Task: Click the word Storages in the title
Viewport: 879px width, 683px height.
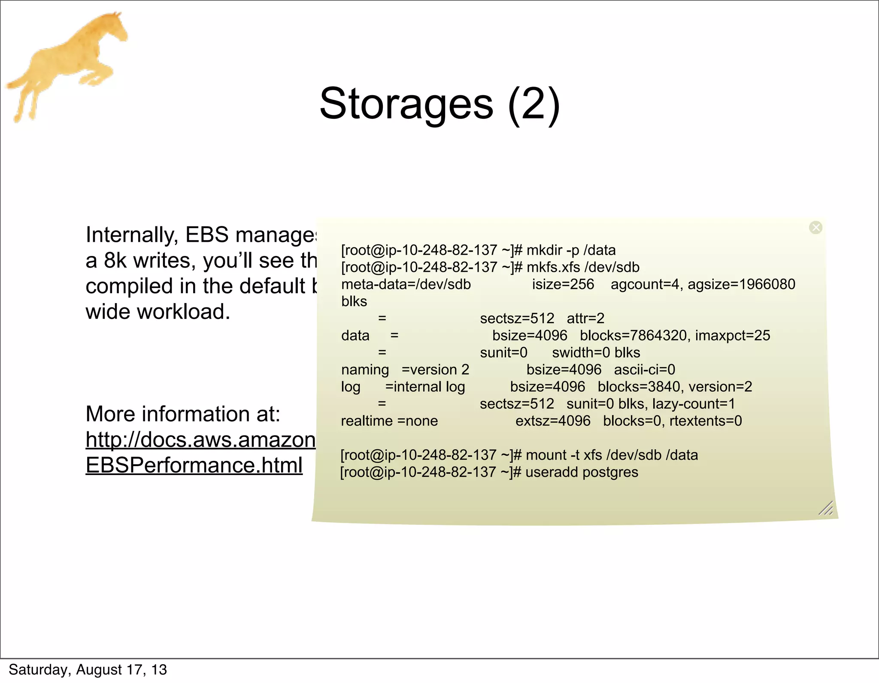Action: click(406, 104)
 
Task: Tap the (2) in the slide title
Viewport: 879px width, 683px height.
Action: click(533, 104)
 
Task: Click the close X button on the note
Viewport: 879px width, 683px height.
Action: click(815, 227)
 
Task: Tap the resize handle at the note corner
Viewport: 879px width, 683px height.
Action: click(826, 508)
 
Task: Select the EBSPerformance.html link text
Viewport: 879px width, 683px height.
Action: click(194, 465)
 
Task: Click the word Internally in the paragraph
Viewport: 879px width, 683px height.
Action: click(132, 235)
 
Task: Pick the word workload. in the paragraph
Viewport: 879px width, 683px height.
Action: click(183, 312)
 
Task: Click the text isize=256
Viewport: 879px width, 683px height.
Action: click(563, 284)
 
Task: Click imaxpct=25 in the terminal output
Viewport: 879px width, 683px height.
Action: click(733, 335)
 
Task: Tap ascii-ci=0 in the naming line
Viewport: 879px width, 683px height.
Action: click(645, 370)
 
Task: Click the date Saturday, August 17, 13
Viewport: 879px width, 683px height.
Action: click(88, 670)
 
